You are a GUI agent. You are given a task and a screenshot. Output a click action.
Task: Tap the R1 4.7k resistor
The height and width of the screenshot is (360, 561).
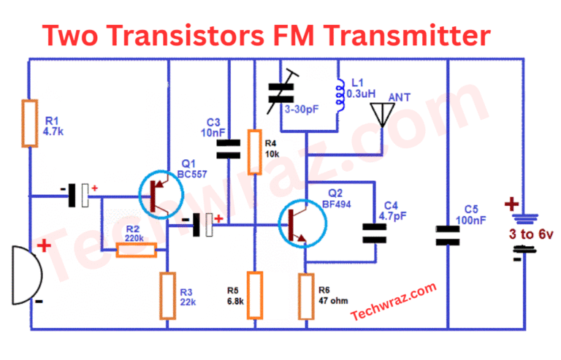(29, 124)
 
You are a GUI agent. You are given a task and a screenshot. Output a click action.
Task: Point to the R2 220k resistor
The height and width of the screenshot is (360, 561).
(137, 250)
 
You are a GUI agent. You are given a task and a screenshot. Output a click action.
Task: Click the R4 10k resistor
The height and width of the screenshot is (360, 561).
(254, 152)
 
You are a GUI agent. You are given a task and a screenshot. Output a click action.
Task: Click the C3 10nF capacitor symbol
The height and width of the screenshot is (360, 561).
(229, 149)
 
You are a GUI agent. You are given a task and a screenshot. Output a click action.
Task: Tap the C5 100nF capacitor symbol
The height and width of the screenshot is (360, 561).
(447, 234)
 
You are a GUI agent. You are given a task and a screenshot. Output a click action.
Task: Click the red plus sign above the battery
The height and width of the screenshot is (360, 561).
(513, 204)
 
